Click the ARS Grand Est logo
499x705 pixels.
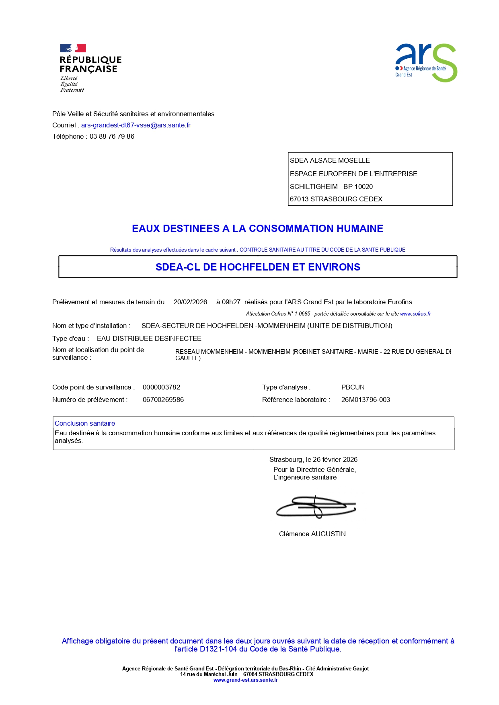pyautogui.click(x=426, y=63)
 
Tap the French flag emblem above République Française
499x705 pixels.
pyautogui.click(x=73, y=48)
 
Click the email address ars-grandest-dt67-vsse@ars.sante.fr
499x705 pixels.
pyautogui.click(x=136, y=125)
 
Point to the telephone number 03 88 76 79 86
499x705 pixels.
pyautogui.click(x=112, y=136)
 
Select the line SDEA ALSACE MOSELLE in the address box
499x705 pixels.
pyautogui.click(x=330, y=160)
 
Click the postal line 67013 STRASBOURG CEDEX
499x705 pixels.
pyautogui.click(x=336, y=199)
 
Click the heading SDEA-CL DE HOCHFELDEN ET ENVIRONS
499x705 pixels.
pyautogui.click(x=258, y=267)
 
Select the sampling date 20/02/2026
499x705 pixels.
pyautogui.click(x=190, y=302)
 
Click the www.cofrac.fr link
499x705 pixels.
pyautogui.click(x=415, y=314)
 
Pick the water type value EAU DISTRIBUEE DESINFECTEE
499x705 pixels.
pyautogui.click(x=149, y=338)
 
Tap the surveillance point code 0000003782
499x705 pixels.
pyautogui.click(x=161, y=387)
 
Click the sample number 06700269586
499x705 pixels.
pyautogui.click(x=163, y=400)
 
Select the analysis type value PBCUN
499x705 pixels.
pyautogui.click(x=353, y=387)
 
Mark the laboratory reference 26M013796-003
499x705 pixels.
pyautogui.click(x=366, y=400)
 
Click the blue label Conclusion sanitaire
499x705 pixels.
pyautogui.click(x=85, y=423)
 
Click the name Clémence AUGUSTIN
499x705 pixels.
pyautogui.click(x=312, y=534)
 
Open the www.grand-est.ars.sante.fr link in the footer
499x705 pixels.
pyautogui.click(x=245, y=680)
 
